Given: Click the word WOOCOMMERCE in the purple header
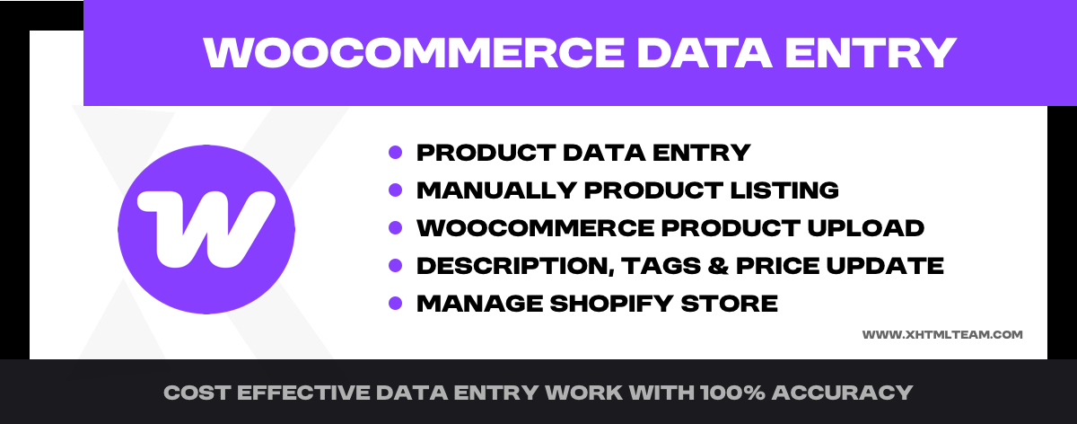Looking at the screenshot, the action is click(x=414, y=52).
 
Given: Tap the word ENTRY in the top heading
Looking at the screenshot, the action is click(x=871, y=52).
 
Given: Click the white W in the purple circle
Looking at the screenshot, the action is click(x=206, y=229).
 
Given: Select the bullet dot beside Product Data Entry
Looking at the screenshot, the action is click(x=395, y=153).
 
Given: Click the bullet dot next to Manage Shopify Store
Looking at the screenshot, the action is click(x=395, y=304).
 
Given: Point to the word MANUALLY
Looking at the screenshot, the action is click(x=496, y=190).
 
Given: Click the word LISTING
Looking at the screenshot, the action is click(x=784, y=190).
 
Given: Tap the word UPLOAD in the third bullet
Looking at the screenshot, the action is click(x=865, y=227).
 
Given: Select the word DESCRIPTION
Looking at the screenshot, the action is click(x=515, y=266).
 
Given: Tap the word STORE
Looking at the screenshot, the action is click(x=730, y=304).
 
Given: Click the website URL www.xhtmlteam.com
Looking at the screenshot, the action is click(x=942, y=334).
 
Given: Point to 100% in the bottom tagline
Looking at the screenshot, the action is click(x=732, y=393).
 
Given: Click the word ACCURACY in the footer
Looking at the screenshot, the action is click(x=843, y=393).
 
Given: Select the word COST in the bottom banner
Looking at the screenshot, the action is click(x=197, y=393).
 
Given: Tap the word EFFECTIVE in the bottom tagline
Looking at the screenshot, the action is click(x=303, y=393).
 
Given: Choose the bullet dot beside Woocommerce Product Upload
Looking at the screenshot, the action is click(x=395, y=227).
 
